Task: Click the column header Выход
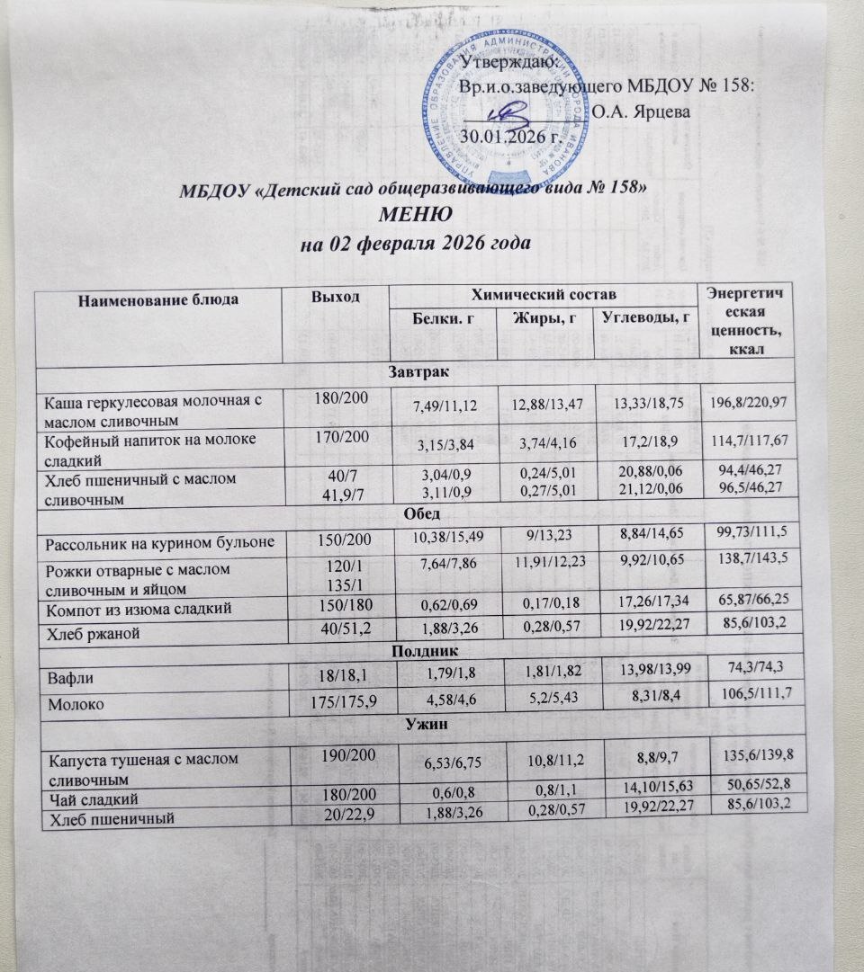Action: click(x=335, y=298)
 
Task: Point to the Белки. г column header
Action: click(x=442, y=318)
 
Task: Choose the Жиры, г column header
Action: click(x=544, y=317)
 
